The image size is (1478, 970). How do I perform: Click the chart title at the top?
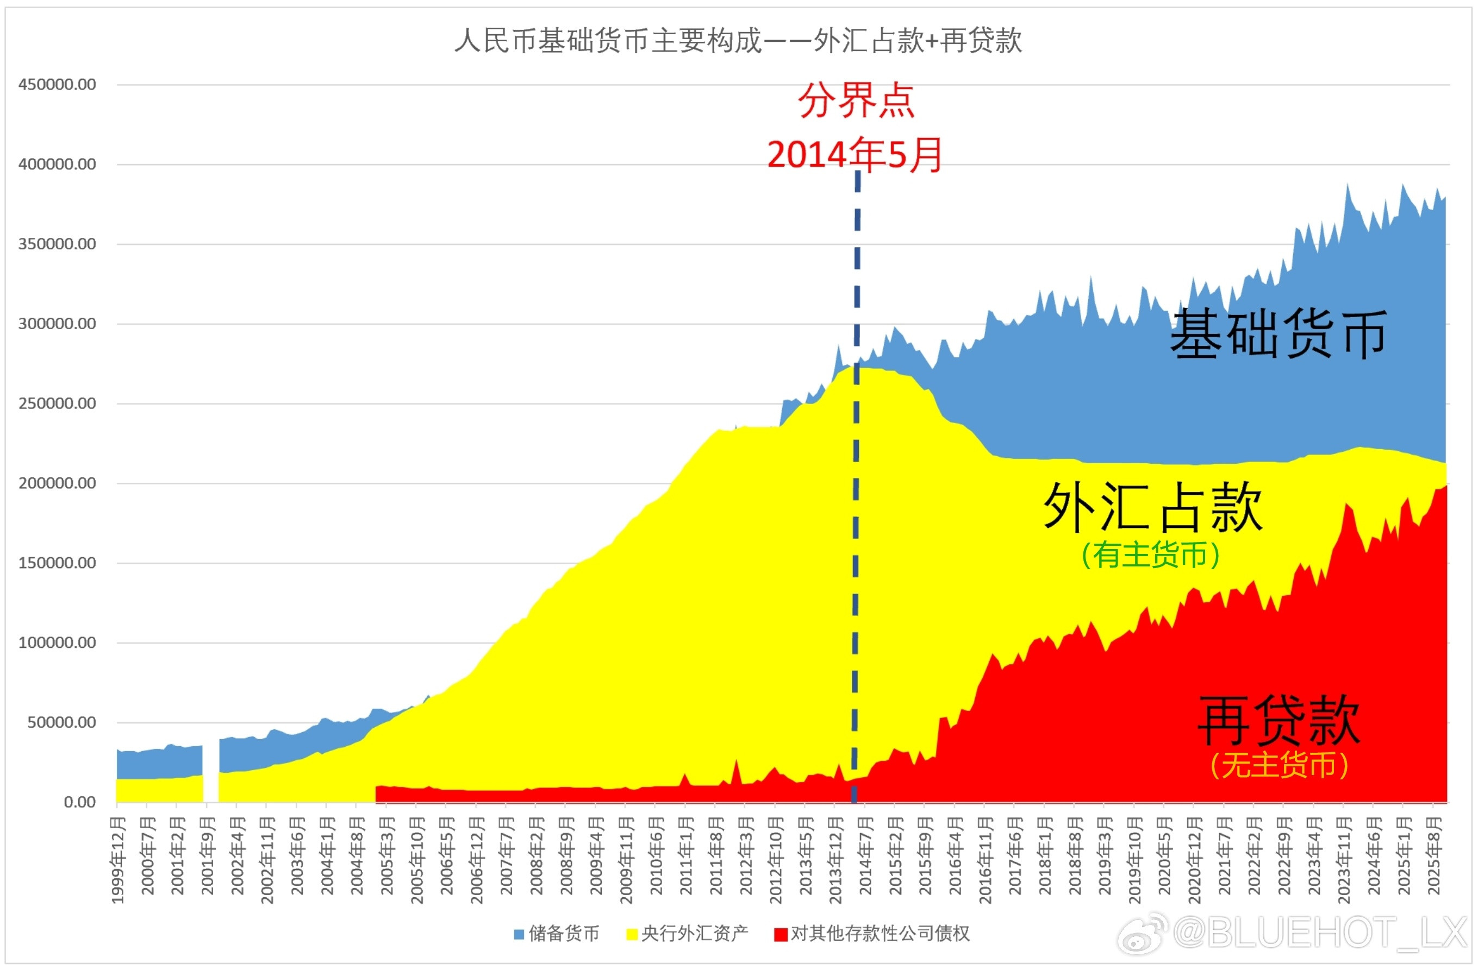click(x=738, y=41)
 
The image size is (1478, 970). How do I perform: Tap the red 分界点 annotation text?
click(x=856, y=100)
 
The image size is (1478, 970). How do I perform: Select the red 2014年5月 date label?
click(x=855, y=155)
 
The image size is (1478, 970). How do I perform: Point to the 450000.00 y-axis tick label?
click(x=57, y=84)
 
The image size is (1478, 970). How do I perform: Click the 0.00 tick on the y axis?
click(x=79, y=802)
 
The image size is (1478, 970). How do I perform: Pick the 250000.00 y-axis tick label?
click(x=57, y=404)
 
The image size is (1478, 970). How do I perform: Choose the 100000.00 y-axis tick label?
click(x=57, y=643)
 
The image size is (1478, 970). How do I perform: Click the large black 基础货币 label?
click(x=1278, y=334)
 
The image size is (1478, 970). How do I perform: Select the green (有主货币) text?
click(x=1150, y=555)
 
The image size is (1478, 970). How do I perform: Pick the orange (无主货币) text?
click(x=1279, y=765)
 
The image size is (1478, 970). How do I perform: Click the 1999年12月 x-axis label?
click(x=118, y=860)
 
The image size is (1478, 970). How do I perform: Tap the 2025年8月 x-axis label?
click(x=1433, y=855)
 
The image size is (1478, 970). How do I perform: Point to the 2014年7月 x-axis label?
click(x=865, y=855)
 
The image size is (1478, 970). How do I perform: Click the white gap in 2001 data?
click(x=211, y=770)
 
